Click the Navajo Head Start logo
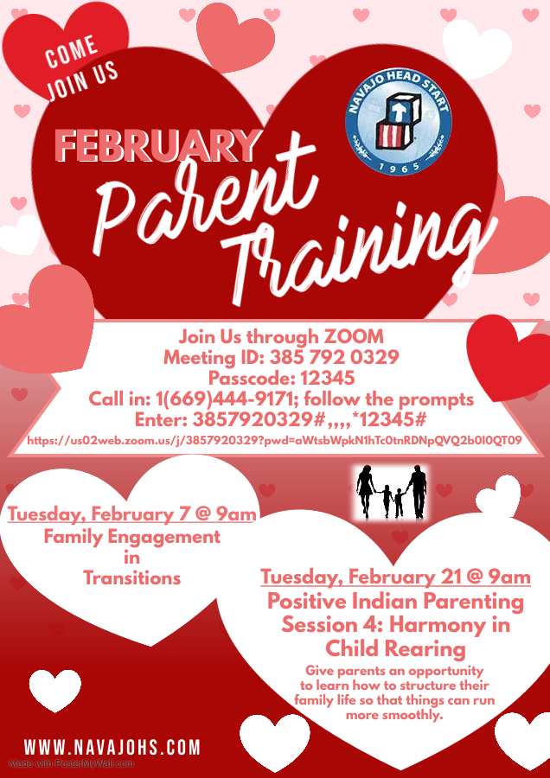tap(399, 124)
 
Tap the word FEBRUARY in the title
tap(157, 145)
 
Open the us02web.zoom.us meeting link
tap(274, 440)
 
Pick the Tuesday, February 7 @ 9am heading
tap(132, 515)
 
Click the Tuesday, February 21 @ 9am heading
tap(395, 577)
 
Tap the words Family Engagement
tap(132, 537)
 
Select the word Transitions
tap(132, 578)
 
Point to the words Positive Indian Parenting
tap(395, 601)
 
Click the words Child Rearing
tap(395, 647)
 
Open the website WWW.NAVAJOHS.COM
tap(112, 747)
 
